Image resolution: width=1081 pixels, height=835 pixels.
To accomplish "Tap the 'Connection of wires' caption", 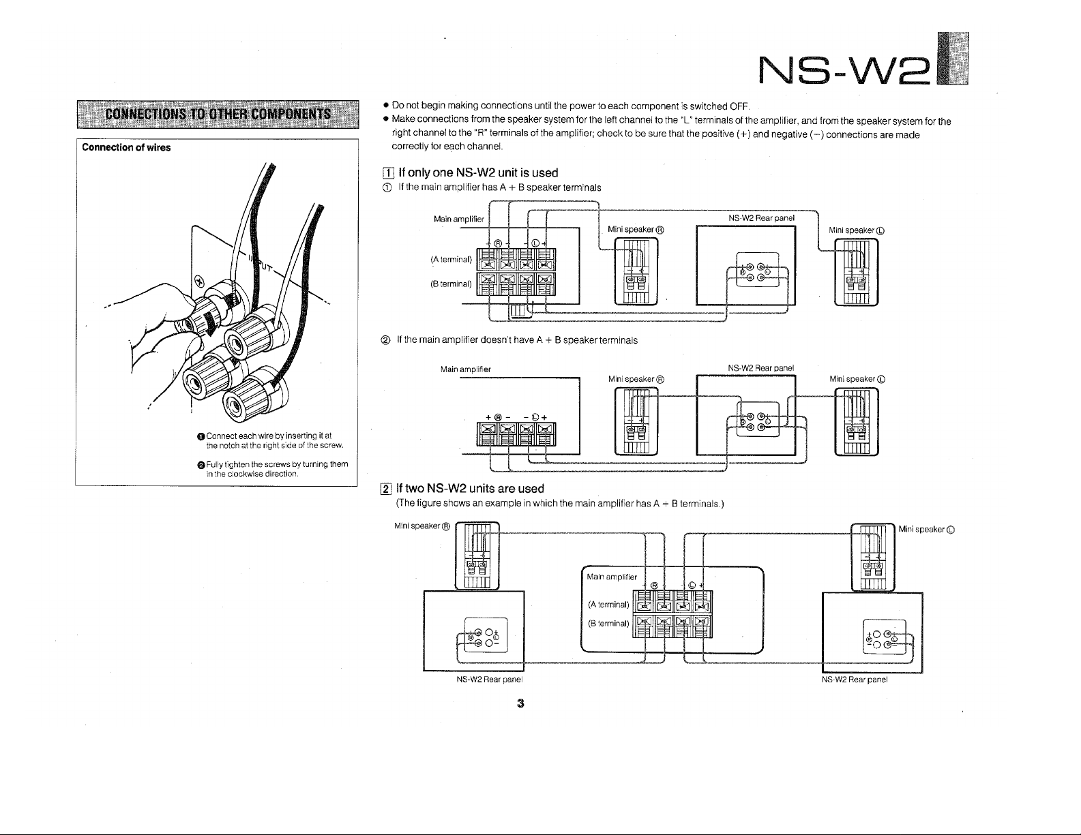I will (126, 147).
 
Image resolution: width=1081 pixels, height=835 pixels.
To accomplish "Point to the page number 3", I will (520, 703).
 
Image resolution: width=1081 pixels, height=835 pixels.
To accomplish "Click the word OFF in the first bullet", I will (740, 107).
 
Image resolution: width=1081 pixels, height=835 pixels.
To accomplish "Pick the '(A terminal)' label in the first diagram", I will (451, 259).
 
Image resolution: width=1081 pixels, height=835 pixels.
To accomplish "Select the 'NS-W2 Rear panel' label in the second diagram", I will (760, 368).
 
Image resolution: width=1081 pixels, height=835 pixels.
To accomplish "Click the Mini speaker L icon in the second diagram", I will (857, 421).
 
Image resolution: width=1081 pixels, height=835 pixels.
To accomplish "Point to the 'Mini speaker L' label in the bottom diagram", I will (925, 529).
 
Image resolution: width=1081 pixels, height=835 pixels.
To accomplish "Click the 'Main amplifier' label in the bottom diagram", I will (612, 577).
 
